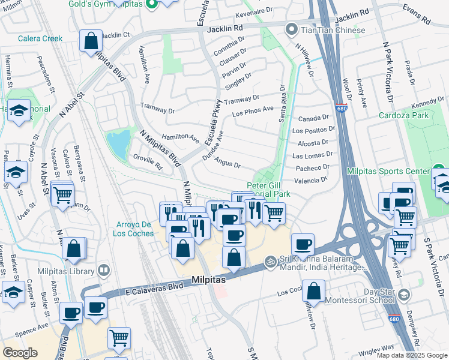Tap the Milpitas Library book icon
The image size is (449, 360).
coord(106,271)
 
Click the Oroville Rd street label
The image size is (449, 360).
coord(147,162)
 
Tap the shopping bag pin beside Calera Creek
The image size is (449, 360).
coord(90,41)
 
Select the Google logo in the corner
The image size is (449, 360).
coord(20,352)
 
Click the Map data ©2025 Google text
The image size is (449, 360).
coord(412,355)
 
